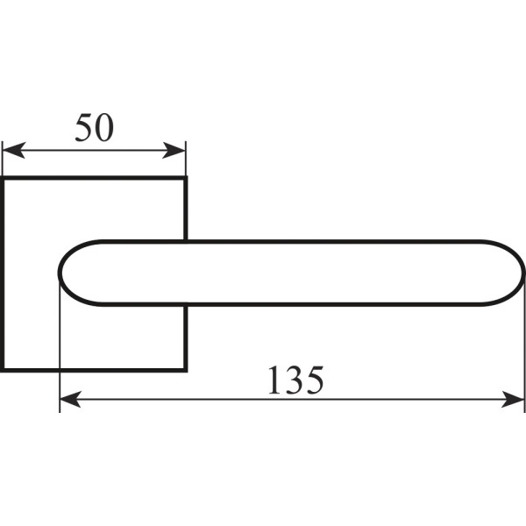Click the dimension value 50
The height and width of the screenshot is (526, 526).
(95, 128)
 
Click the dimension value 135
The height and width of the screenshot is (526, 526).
(296, 380)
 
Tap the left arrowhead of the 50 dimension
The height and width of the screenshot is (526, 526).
(14, 150)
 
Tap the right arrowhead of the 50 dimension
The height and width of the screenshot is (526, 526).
(174, 150)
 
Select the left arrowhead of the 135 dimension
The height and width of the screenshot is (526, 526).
(70, 399)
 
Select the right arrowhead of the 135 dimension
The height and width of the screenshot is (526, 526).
(513, 399)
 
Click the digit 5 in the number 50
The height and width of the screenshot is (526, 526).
(83, 128)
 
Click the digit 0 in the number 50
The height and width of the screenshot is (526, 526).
(104, 128)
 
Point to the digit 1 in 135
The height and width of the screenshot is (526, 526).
(276, 380)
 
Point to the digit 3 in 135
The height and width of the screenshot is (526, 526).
(295, 380)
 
